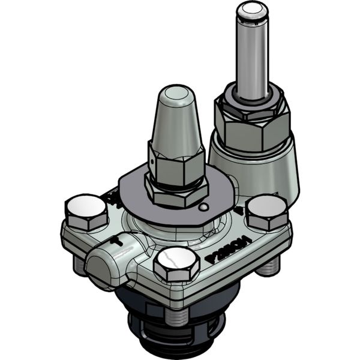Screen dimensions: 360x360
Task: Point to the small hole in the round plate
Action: coord(205,207)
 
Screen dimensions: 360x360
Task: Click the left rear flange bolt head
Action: coord(86,211)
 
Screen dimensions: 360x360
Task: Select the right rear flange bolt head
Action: coord(267,211)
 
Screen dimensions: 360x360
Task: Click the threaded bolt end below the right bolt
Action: coord(268,265)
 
